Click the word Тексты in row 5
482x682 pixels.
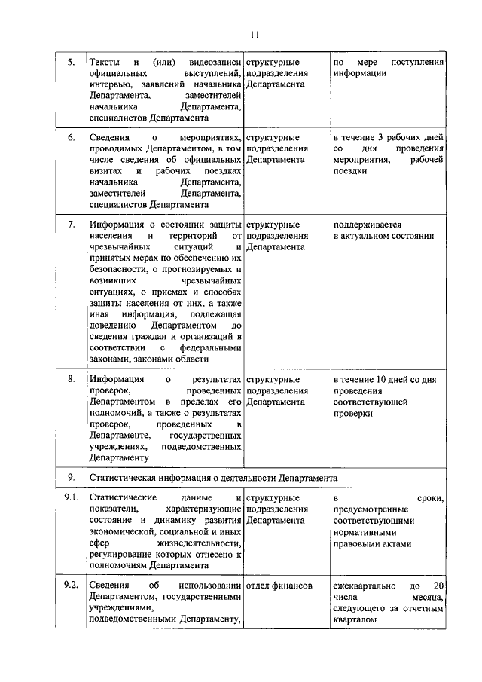pyautogui.click(x=104, y=62)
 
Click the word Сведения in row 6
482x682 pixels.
pyautogui.click(x=108, y=138)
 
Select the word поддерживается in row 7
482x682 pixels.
pyautogui.click(x=367, y=225)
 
